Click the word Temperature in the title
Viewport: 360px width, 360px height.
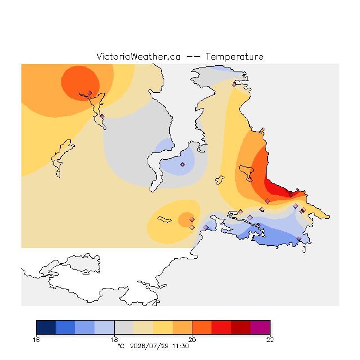point(234,57)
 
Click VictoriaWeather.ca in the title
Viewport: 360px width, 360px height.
point(138,57)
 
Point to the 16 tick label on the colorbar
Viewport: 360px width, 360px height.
point(36,340)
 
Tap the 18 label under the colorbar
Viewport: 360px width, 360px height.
point(114,340)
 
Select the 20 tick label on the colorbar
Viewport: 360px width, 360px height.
point(192,340)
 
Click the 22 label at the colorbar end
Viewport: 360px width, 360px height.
point(270,340)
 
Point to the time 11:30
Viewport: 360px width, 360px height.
point(181,346)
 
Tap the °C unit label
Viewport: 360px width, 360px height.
point(121,346)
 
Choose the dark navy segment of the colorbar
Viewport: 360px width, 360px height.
point(46,327)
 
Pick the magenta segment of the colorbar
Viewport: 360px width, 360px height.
point(260,327)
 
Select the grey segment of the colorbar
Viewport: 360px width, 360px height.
point(124,327)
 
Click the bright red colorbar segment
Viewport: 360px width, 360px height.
point(221,327)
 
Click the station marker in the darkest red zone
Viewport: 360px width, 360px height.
point(291,195)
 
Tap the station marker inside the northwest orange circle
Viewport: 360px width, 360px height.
point(90,93)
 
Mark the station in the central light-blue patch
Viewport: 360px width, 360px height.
point(182,164)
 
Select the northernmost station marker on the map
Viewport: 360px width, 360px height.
point(234,84)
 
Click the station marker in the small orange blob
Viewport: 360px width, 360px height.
point(192,220)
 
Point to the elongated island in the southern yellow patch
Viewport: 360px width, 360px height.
point(164,219)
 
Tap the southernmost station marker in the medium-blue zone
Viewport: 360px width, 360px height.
point(299,238)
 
